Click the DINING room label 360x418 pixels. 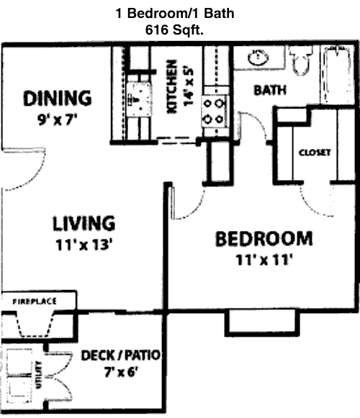58,99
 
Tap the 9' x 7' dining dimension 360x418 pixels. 58,120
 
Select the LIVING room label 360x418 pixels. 84,224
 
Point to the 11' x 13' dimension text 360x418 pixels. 84,245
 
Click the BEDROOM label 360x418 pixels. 264,239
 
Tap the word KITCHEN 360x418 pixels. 171,86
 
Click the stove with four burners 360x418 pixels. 214,112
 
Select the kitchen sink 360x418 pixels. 139,99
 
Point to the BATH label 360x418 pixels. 270,90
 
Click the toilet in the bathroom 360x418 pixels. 301,60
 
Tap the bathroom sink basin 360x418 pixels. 258,58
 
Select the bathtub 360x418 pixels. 337,74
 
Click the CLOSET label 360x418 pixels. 315,153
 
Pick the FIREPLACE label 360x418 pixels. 35,301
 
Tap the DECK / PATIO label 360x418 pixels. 121,355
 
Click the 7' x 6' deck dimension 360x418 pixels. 121,372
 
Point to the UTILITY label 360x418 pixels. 39,375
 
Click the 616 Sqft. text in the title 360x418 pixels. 174,30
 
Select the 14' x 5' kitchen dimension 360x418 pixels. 189,86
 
